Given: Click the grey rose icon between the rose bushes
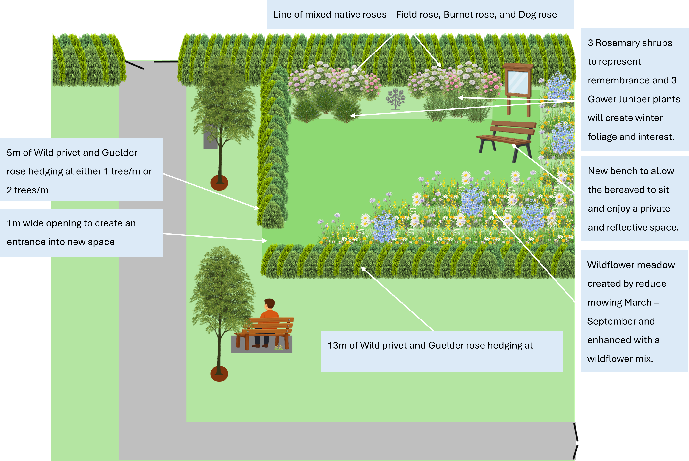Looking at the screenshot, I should click(x=395, y=98).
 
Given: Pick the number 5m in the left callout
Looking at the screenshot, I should click(x=13, y=153).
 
